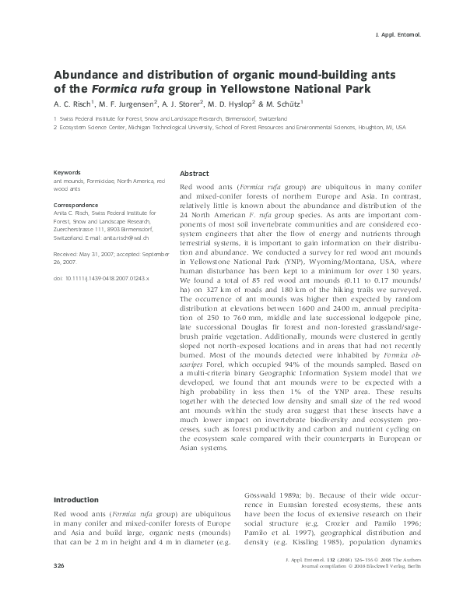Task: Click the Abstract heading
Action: [194, 173]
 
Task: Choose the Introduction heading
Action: [75, 499]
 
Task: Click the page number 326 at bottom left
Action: [59, 586]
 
